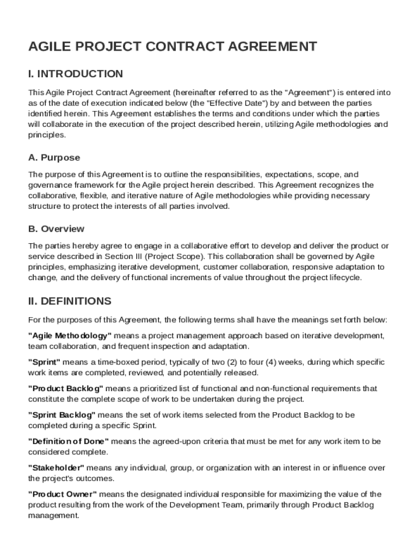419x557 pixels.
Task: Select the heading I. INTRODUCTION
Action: (x=75, y=74)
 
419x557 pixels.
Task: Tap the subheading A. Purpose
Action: (x=54, y=158)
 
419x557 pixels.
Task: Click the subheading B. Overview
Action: (x=56, y=229)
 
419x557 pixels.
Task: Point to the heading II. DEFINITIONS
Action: (x=69, y=301)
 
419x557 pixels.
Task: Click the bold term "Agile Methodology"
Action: (x=70, y=336)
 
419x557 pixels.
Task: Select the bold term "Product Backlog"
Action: (x=65, y=388)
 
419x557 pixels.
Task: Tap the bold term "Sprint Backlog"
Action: (x=61, y=415)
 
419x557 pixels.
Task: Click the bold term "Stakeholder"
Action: (x=56, y=468)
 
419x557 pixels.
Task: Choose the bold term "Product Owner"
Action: (x=63, y=494)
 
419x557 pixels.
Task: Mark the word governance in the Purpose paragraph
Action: (x=47, y=185)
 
